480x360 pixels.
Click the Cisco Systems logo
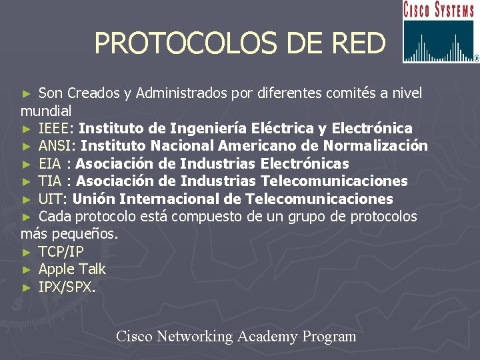[440, 32]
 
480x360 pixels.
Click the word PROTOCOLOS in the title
[181, 43]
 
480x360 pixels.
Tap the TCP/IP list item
[61, 252]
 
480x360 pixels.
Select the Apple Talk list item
[72, 269]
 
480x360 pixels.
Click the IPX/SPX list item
[67, 287]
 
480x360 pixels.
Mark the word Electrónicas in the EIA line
[305, 163]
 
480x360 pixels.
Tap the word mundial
[46, 110]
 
